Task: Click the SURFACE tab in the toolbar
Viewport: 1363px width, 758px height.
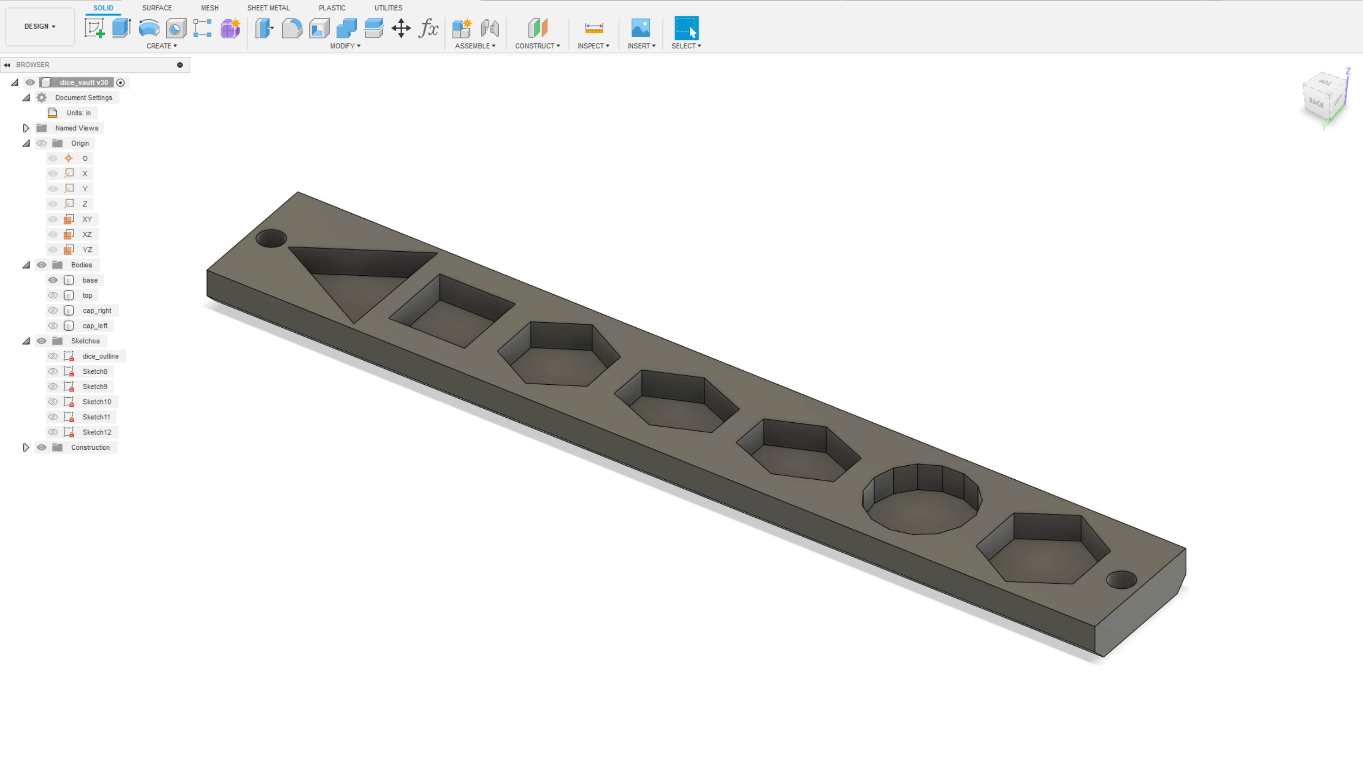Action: tap(157, 8)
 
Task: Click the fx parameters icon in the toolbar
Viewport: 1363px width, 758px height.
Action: tap(428, 28)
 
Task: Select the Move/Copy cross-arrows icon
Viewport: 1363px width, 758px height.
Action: tap(401, 28)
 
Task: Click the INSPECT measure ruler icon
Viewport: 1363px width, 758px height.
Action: tap(593, 28)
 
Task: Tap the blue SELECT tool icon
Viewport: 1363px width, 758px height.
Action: tap(686, 28)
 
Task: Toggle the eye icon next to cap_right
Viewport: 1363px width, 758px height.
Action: tap(53, 311)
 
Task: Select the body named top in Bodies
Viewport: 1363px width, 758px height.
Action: tap(87, 295)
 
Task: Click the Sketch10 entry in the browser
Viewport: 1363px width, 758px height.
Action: tap(96, 402)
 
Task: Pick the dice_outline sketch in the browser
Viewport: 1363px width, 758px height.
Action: tap(100, 356)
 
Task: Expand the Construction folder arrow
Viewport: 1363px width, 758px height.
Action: tap(25, 447)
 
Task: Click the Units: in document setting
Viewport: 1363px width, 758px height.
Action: tap(79, 113)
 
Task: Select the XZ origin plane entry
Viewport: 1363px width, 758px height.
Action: tap(87, 234)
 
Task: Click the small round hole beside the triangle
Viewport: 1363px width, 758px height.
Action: tap(271, 239)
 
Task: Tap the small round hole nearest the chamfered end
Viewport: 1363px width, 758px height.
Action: tap(1121, 580)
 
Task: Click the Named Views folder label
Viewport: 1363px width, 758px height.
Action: tap(77, 128)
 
